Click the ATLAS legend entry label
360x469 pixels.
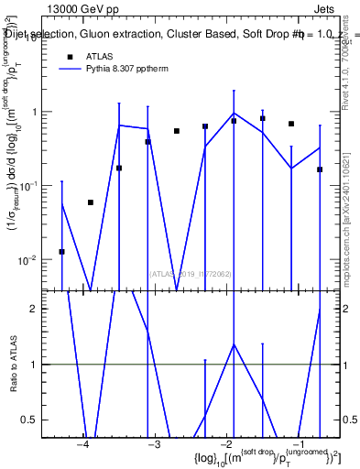(100, 56)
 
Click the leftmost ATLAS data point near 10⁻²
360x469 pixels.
(61, 251)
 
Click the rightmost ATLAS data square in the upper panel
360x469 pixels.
(320, 169)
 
